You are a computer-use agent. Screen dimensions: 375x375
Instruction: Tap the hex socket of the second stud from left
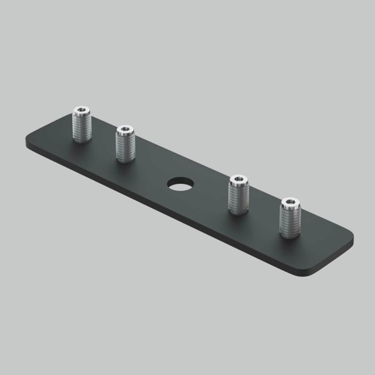(125, 129)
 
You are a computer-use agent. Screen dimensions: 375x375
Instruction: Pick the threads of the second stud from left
(125, 145)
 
